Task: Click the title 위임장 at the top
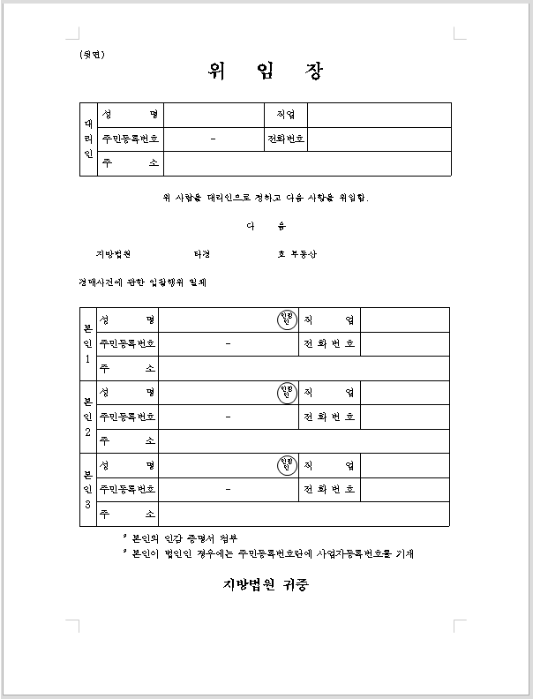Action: [266, 71]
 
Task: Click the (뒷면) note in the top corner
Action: [92, 55]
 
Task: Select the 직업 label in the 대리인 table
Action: [285, 115]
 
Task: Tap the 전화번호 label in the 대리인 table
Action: [286, 139]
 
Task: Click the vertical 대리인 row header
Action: [88, 139]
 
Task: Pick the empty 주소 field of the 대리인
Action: [307, 164]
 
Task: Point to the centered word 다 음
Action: [266, 226]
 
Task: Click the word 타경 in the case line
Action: [203, 254]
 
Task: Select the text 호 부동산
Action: [297, 254]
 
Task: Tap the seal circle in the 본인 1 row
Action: [285, 319]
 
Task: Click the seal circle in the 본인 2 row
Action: [285, 392]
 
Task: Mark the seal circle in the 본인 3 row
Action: [285, 464]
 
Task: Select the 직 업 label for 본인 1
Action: [329, 319]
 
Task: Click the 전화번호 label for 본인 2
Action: [329, 417]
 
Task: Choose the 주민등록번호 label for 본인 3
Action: [128, 489]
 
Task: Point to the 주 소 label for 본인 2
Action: [128, 440]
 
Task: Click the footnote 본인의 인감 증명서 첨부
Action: [183, 538]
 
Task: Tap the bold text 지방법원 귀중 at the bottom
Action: [266, 584]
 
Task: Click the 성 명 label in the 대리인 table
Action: [130, 115]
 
